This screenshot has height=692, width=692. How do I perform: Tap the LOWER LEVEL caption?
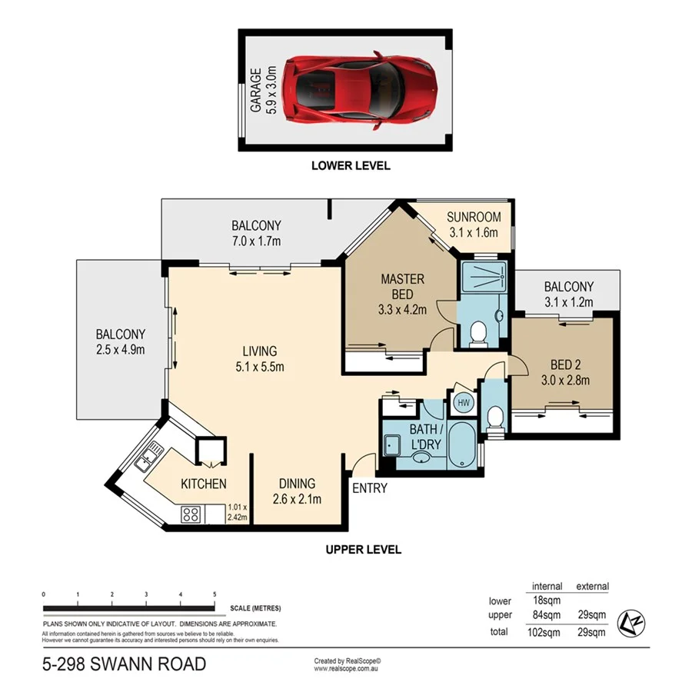[351, 165]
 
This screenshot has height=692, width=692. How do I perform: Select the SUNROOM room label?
[474, 225]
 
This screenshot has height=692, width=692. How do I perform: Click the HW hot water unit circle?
[464, 401]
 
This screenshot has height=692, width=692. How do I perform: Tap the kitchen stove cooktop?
[191, 514]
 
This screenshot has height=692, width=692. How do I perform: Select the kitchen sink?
[146, 459]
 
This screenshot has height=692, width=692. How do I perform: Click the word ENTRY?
[370, 488]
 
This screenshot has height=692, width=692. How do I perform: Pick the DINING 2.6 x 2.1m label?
[297, 491]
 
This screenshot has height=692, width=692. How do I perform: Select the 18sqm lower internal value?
[547, 601]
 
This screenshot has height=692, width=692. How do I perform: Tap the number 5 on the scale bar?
[215, 595]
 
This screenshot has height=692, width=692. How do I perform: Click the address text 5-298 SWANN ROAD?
[124, 664]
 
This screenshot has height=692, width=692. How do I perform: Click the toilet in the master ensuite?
[477, 333]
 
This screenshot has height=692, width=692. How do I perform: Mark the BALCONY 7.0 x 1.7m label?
[256, 233]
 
